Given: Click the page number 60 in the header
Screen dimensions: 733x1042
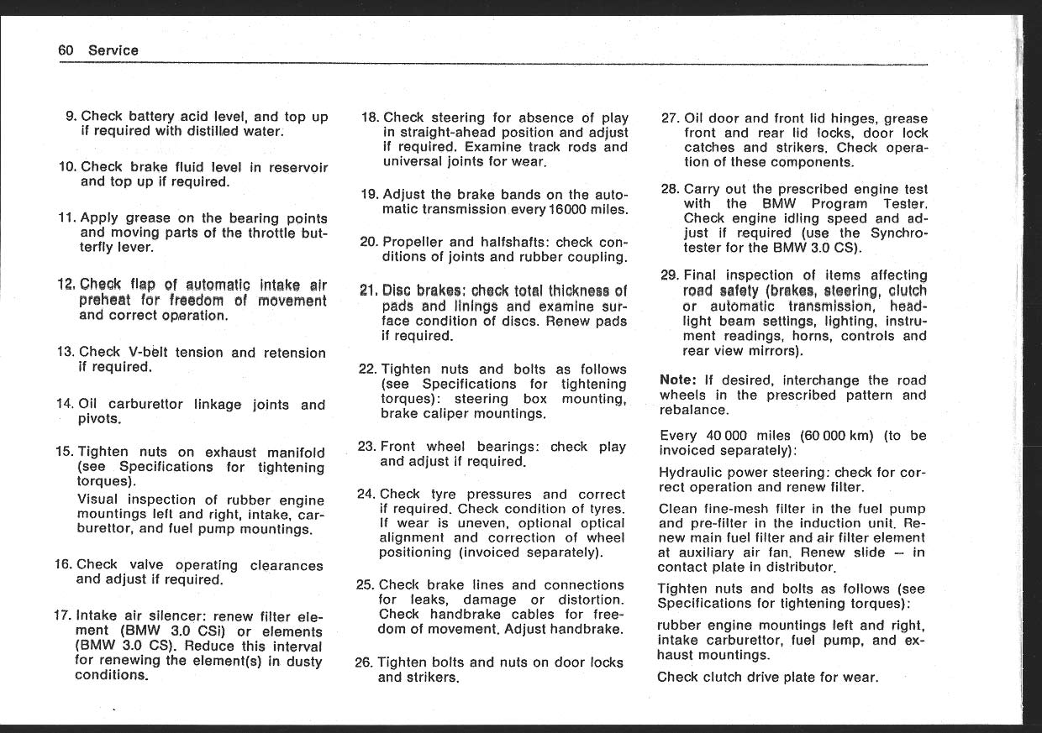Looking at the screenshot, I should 66,50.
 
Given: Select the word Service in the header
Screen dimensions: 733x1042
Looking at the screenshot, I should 113,50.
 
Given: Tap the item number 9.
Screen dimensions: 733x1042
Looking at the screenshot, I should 71,117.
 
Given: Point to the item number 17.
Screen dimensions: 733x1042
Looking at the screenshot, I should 63,615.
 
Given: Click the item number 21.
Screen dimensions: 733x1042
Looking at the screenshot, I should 369,291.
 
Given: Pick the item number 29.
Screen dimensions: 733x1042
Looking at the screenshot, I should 670,275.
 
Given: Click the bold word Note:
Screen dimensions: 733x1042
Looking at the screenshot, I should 678,380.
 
